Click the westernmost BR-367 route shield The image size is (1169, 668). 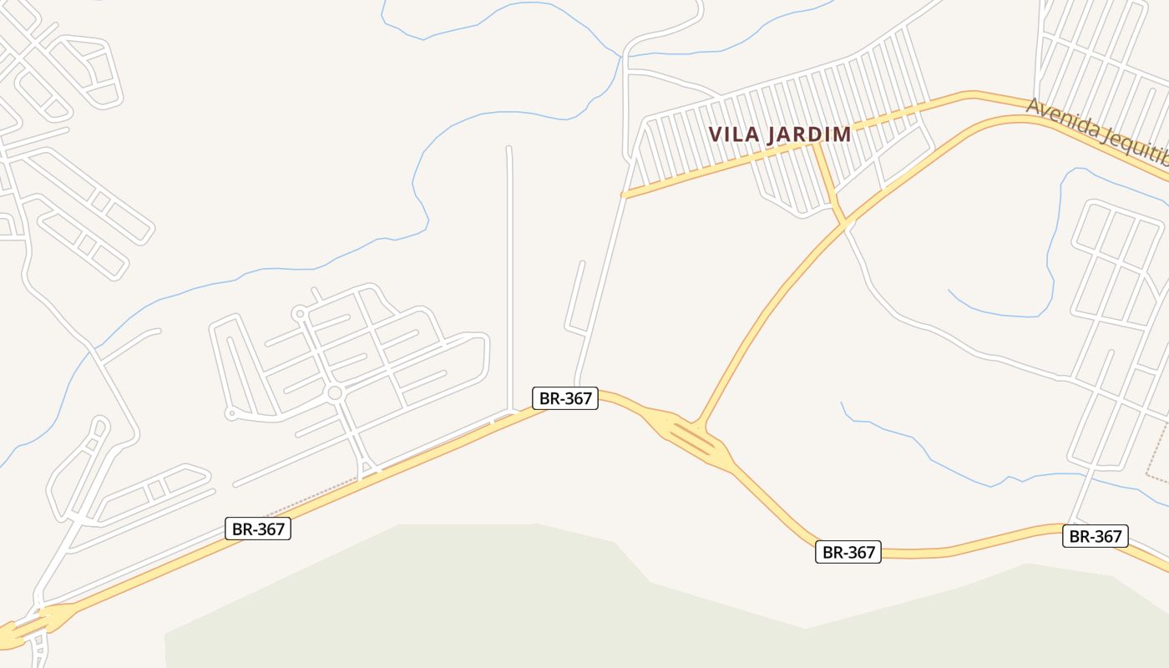258,529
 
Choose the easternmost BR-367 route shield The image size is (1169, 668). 1095,536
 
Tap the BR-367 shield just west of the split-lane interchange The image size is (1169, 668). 565,398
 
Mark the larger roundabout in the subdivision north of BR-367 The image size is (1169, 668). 335,393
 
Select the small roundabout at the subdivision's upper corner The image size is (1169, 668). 299,314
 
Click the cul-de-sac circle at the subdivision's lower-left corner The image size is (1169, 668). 232,413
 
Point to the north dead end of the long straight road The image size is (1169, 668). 509,149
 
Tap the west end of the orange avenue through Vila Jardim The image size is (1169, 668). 624,195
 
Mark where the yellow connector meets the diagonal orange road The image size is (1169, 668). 847,224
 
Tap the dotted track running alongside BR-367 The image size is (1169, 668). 309,493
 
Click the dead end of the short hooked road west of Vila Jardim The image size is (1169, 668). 582,264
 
